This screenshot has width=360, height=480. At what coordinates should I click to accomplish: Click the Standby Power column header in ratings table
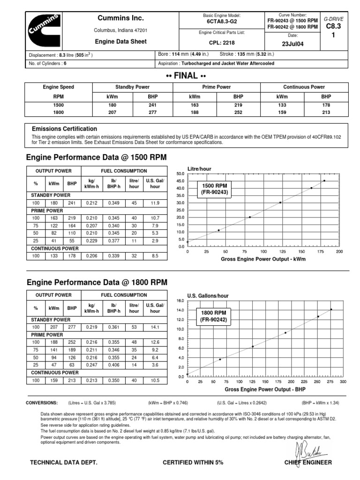click(134, 87)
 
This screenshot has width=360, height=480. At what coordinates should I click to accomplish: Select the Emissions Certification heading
click(65, 129)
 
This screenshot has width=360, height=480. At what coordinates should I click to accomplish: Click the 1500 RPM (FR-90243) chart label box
click(214, 189)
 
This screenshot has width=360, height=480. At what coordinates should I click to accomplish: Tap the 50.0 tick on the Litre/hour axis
click(180, 173)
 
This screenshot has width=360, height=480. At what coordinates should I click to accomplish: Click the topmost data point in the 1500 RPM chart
click(324, 181)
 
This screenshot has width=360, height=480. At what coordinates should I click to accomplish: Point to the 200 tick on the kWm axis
click(339, 252)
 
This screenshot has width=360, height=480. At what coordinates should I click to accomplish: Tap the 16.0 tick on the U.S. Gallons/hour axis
click(181, 300)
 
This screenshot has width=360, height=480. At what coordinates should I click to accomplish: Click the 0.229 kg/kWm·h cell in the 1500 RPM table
click(91, 241)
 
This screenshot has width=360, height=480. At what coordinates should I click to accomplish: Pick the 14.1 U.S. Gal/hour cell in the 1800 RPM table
click(155, 326)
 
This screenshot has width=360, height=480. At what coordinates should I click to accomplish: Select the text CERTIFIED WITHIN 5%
click(193, 463)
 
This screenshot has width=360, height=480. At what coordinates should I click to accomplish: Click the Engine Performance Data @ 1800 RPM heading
click(97, 283)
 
